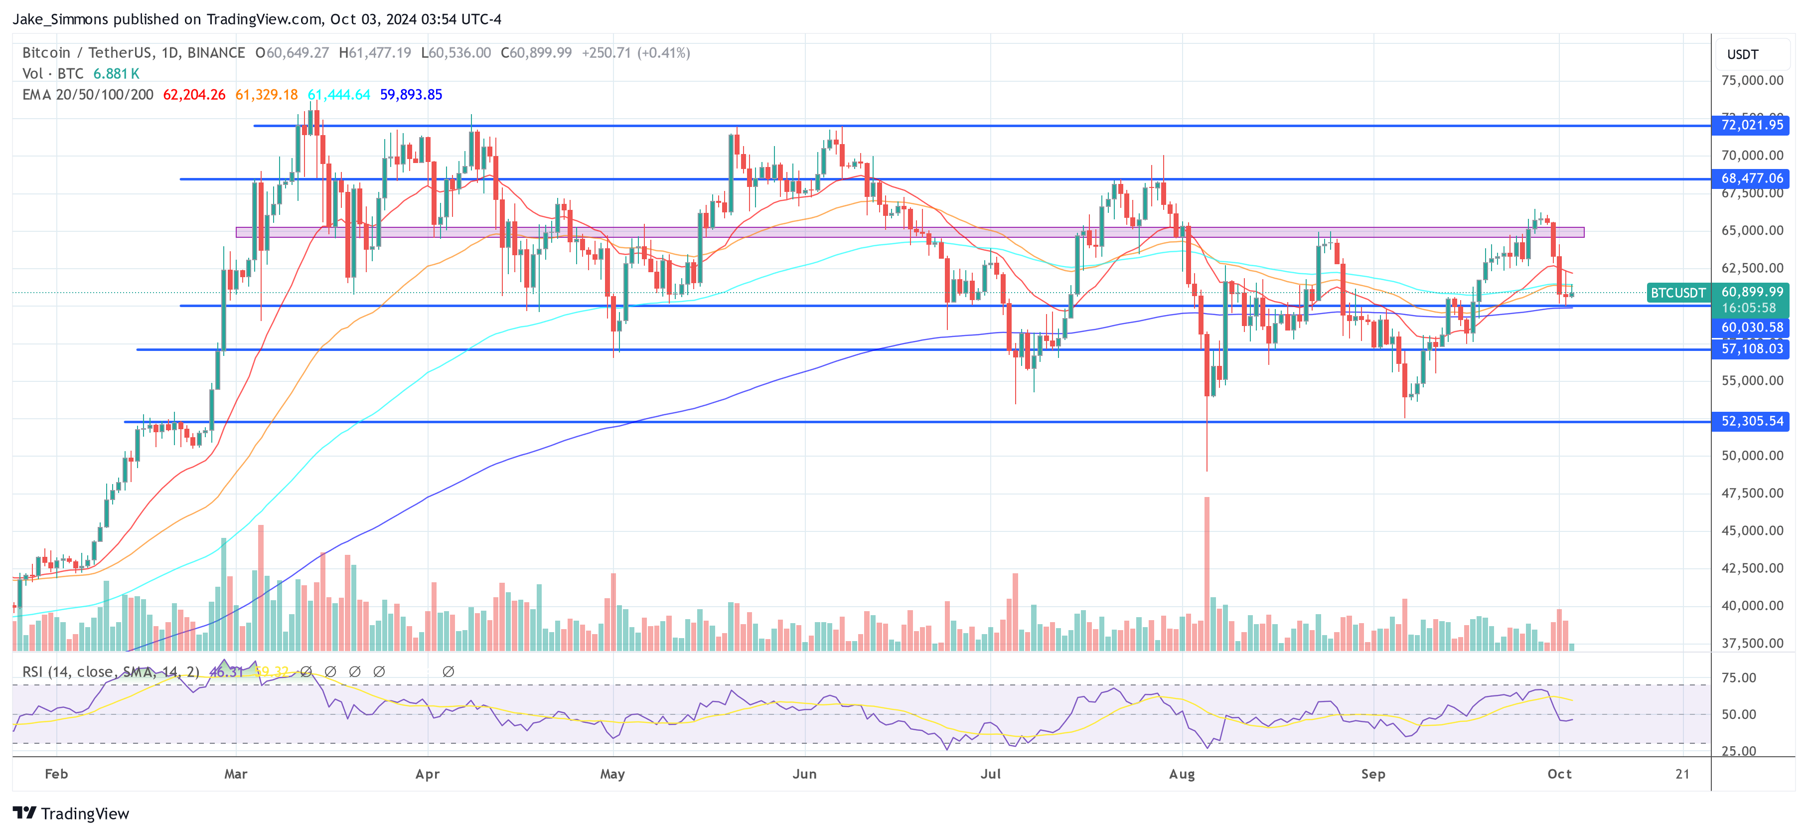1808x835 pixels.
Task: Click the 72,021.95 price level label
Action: [x=1751, y=126]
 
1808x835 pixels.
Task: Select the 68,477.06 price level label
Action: [x=1751, y=179]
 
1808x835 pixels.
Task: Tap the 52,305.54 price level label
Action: [x=1751, y=421]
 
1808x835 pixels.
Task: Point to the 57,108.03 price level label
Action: [x=1751, y=349]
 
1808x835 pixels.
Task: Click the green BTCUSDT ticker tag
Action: [x=1677, y=293]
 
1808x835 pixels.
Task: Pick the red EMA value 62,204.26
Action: [x=194, y=95]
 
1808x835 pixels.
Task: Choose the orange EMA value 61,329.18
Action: [x=267, y=95]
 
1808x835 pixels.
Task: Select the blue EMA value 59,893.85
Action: [x=411, y=95]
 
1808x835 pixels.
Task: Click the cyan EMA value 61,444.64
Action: [x=339, y=95]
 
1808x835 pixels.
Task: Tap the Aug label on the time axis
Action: [x=1182, y=774]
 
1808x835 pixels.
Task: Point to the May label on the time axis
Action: [x=612, y=774]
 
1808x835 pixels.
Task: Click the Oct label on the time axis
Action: [x=1559, y=774]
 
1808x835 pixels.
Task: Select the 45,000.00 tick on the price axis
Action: [x=1752, y=531]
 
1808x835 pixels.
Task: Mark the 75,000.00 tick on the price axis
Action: [x=1752, y=81]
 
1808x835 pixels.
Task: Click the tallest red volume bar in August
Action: [x=1207, y=572]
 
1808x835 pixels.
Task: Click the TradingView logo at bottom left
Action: [x=71, y=813]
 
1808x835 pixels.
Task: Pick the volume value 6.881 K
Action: [x=117, y=74]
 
